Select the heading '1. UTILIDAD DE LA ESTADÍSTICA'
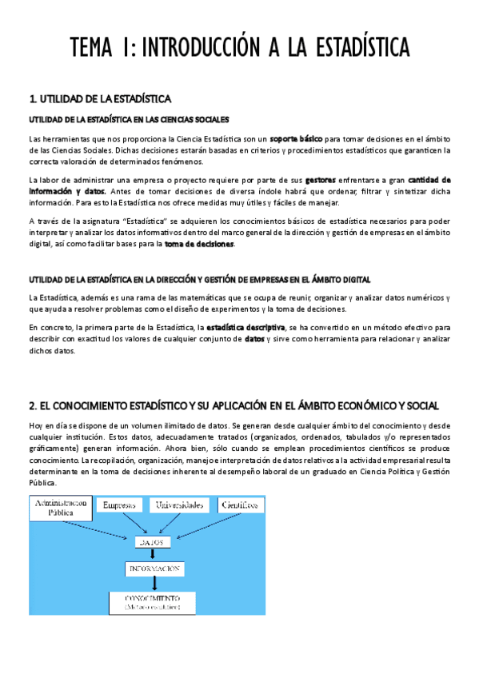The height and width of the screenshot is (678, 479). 100,99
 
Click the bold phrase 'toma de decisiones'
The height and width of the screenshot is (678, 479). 199,244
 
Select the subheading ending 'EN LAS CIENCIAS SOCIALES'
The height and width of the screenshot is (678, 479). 129,119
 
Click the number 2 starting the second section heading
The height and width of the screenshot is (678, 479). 32,407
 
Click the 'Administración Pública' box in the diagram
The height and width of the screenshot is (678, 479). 58,509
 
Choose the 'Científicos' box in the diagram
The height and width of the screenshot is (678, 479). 240,505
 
